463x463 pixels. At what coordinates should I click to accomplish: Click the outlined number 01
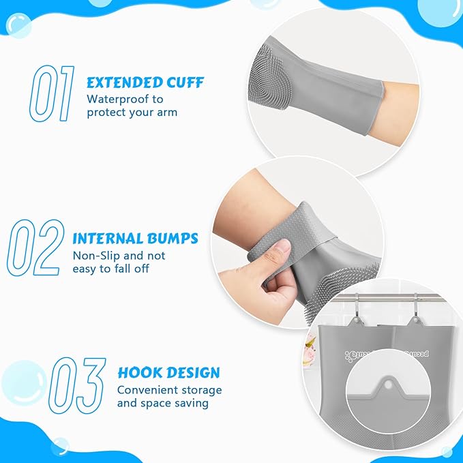pos(51,93)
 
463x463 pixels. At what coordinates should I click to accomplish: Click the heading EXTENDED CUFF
pos(145,83)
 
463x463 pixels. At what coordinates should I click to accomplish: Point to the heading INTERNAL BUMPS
pos(135,239)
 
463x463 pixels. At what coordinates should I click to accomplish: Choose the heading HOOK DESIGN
pos(168,373)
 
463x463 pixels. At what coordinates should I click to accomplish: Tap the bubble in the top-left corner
pos(18,26)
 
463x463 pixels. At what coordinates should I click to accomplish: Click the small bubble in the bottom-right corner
pos(447,451)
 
